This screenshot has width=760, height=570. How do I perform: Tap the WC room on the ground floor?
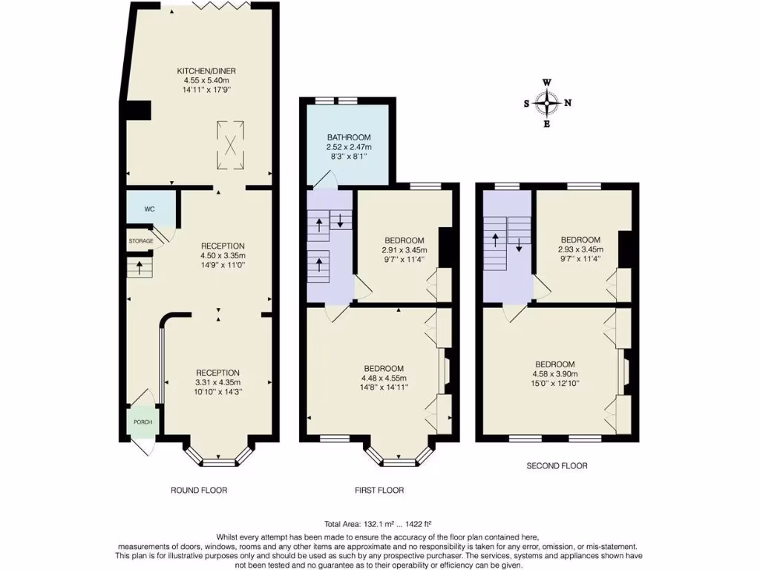149,209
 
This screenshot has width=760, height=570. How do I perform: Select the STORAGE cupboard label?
141,241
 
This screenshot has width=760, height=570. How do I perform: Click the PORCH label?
142,422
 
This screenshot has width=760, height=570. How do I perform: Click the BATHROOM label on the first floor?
348,137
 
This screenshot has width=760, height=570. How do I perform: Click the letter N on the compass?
568,104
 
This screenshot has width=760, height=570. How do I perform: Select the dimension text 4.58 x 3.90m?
557,374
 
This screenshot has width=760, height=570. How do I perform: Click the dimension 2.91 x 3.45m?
404,249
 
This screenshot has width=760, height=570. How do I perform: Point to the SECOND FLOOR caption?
557,466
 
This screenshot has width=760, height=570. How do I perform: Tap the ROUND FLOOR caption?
199,491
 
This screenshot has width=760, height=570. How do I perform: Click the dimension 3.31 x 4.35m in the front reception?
217,382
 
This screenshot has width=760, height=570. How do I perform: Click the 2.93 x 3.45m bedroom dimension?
580,249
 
